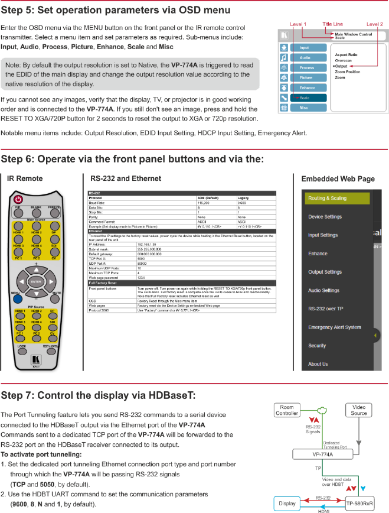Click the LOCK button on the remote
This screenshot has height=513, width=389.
[21, 346]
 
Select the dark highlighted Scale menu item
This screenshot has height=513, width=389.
[305, 98]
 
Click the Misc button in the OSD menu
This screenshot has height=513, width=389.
[305, 108]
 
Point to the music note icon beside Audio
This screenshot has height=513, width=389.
[284, 57]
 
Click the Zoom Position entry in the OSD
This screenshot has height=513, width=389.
[348, 72]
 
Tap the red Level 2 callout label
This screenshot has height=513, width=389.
[374, 24]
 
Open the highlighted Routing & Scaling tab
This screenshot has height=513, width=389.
[337, 199]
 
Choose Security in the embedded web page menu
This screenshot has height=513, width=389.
[317, 346]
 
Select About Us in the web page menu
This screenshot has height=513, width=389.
[318, 364]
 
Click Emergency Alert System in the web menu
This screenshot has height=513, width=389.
[334, 327]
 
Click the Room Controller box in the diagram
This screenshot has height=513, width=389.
[286, 410]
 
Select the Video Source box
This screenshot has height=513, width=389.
[359, 410]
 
